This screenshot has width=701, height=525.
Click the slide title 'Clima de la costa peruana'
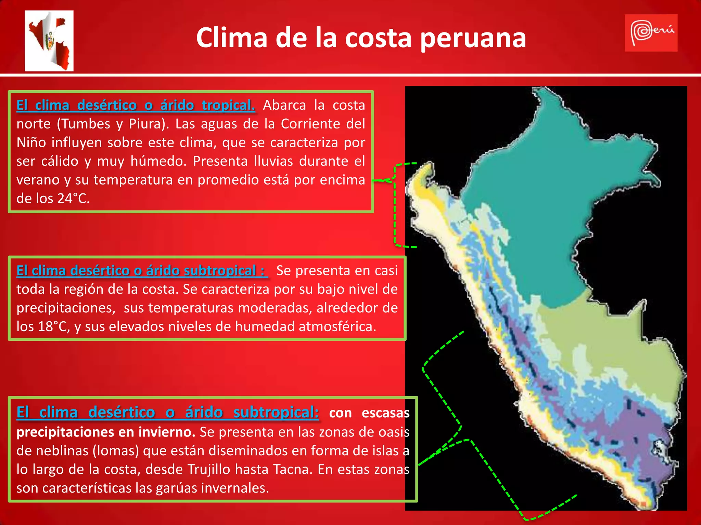click(x=361, y=37)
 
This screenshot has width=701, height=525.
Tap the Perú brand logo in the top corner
click(x=651, y=33)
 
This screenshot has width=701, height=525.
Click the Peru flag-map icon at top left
click(x=49, y=41)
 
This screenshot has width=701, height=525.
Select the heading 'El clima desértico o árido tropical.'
click(x=136, y=105)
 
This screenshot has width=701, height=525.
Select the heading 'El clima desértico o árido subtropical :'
click(x=141, y=271)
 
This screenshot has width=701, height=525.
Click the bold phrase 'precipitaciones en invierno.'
click(x=106, y=432)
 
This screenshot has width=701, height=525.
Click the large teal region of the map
click(x=548, y=205)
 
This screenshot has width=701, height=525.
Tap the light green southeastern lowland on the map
click(x=609, y=342)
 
